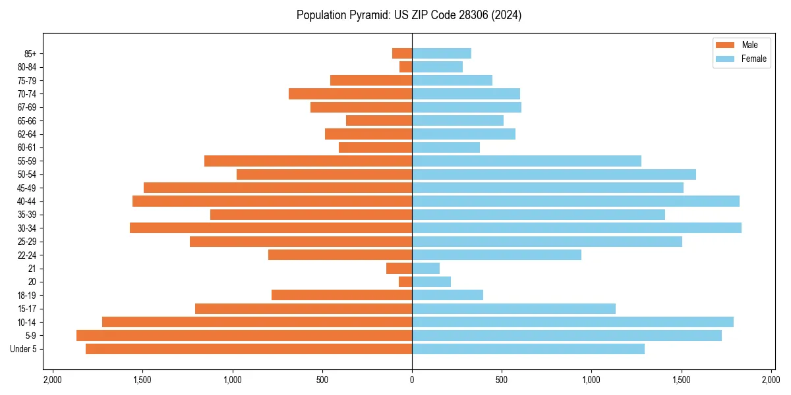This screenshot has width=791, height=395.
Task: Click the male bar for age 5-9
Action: click(x=244, y=335)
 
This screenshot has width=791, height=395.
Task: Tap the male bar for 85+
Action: click(x=402, y=53)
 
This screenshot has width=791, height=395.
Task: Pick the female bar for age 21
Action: click(x=426, y=268)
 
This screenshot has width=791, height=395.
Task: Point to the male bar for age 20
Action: click(x=405, y=282)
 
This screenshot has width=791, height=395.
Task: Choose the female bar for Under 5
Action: click(x=528, y=349)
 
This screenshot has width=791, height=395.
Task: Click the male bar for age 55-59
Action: click(x=308, y=161)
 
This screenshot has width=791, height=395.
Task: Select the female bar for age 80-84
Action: click(x=437, y=66)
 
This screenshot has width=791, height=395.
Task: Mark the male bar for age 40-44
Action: click(x=272, y=201)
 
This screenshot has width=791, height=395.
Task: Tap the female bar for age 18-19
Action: click(x=448, y=295)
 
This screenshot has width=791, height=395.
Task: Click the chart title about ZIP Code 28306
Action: click(x=409, y=15)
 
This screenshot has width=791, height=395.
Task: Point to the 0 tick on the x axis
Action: click(x=412, y=380)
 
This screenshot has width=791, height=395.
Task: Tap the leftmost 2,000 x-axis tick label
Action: click(x=52, y=380)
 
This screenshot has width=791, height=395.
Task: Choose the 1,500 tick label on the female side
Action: click(x=682, y=380)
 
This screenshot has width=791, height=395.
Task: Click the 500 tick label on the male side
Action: click(x=322, y=380)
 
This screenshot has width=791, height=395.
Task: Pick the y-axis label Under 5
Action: click(x=23, y=349)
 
